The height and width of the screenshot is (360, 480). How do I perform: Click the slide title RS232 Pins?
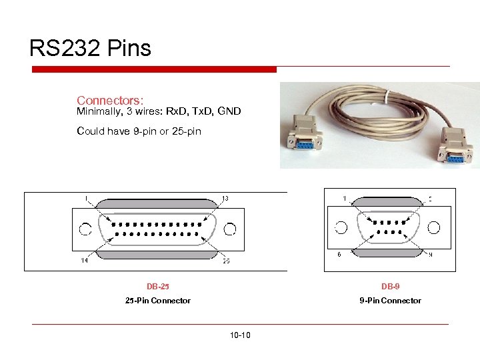[90, 48]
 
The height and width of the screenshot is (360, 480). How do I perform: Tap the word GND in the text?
[229, 111]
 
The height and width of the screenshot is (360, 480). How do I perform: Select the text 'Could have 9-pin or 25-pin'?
[139, 131]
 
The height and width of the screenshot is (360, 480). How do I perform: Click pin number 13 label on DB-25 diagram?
[225, 198]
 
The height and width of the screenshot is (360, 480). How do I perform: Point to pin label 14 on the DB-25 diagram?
[85, 261]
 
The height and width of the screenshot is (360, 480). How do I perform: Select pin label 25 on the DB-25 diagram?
[226, 261]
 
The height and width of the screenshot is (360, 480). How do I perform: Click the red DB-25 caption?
[158, 287]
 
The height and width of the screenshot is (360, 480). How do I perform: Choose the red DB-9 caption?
[390, 287]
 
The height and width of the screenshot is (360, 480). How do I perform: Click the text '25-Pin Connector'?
[158, 301]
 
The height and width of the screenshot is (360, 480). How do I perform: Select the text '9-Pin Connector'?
[390, 301]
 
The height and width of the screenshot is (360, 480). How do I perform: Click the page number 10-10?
[239, 335]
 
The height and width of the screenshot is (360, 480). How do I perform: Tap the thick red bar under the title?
[153, 69]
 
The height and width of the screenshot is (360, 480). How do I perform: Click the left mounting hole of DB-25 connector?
[85, 230]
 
